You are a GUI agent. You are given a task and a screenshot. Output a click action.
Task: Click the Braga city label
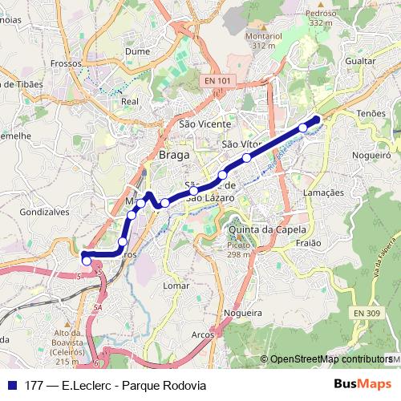pos(175,154)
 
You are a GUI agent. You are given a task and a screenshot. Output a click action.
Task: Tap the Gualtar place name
pos(359,61)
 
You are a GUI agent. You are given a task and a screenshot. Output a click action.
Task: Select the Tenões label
pos(371,114)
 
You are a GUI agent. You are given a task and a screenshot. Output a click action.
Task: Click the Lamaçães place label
pos(324,193)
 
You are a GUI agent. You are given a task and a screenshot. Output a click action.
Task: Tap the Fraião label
pos(308,242)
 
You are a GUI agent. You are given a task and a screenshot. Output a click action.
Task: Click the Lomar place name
pos(176,285)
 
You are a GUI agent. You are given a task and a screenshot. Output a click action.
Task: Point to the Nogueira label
pos(244,312)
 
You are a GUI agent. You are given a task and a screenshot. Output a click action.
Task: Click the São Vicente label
pos(205,124)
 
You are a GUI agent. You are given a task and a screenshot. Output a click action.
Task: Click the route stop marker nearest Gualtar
pos(303,128)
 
